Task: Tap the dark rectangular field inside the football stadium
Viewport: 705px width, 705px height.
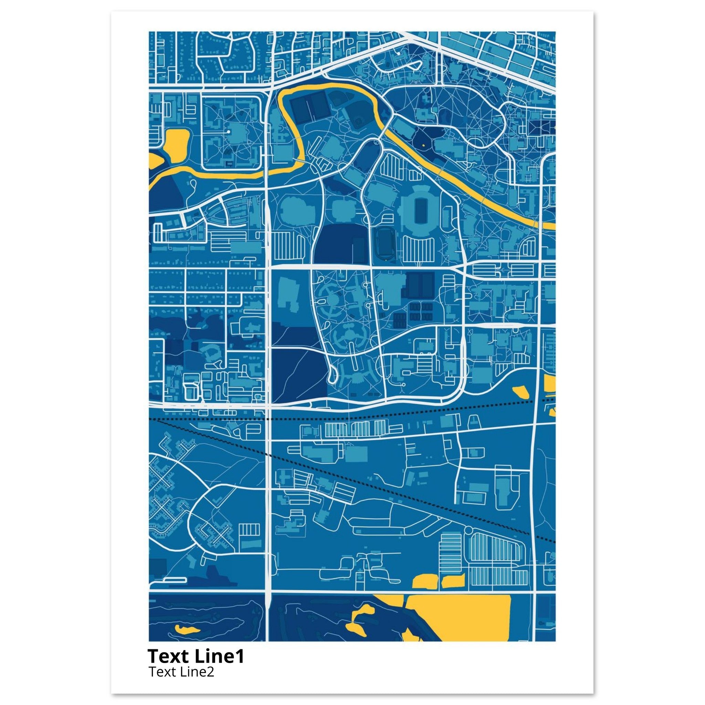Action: click(x=420, y=211)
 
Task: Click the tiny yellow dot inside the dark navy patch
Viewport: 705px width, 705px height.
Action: click(x=423, y=145)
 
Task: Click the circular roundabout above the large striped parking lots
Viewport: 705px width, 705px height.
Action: click(x=469, y=530)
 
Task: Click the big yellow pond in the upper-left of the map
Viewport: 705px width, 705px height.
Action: click(x=176, y=144)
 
